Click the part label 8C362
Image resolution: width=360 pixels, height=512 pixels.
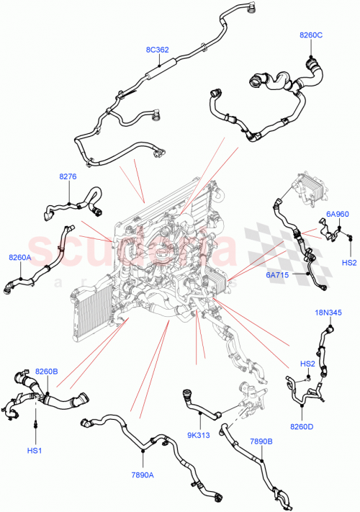[157, 50]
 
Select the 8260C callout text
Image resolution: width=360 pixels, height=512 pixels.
[311, 34]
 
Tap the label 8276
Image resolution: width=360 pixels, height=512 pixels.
[68, 176]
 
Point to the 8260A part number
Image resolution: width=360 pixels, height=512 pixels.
[20, 256]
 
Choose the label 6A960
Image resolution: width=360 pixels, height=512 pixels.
[337, 214]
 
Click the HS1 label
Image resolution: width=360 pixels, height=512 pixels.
[35, 450]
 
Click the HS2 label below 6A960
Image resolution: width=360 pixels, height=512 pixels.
[349, 262]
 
